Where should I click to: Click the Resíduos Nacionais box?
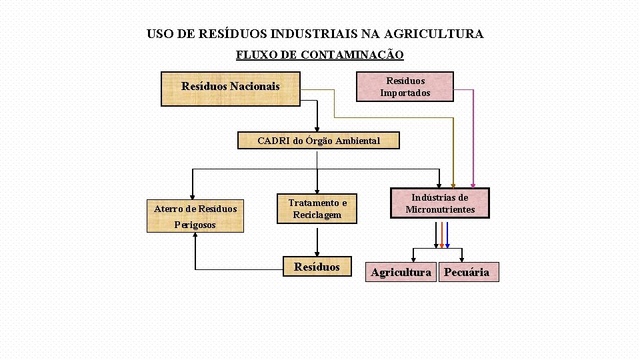[231, 88]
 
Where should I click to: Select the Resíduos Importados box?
[405, 87]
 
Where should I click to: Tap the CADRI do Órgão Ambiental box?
[319, 141]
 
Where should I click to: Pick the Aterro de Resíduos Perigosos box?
[195, 216]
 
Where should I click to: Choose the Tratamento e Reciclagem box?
[317, 209]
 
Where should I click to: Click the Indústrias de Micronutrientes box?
[439, 203]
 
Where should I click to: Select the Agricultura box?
[401, 272]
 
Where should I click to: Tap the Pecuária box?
[468, 272]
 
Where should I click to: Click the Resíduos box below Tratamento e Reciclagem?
[317, 267]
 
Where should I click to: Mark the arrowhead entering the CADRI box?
[318, 129]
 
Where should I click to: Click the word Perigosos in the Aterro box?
[195, 225]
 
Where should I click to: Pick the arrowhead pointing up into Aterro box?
[195, 237]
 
